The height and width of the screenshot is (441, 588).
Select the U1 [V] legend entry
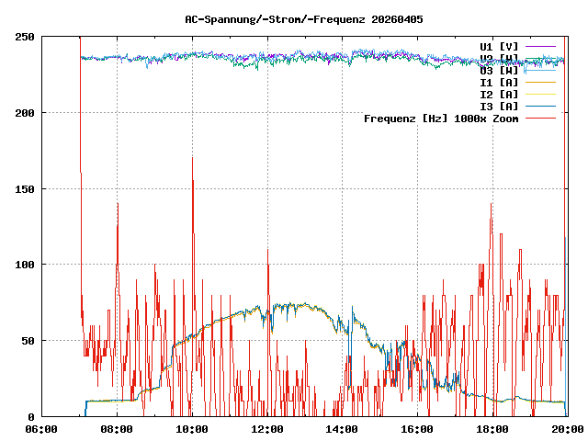point(499,46)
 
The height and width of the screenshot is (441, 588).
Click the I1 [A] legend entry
point(499,83)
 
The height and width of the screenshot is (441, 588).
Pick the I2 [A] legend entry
point(499,95)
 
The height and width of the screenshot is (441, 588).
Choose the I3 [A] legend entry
point(499,107)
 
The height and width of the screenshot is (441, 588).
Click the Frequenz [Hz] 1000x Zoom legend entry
point(441,119)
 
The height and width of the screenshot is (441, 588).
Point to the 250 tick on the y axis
point(25,37)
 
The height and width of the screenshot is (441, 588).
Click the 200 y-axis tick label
point(25,113)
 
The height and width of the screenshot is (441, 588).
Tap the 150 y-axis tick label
point(25,189)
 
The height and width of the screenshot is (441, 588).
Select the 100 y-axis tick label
point(25,265)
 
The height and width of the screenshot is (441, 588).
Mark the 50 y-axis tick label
point(28,341)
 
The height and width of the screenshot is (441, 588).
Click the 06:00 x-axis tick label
point(41,429)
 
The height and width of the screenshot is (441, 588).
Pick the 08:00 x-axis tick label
point(117,429)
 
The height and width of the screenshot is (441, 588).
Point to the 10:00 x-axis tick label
point(192,429)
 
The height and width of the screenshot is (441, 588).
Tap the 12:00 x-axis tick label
point(267,429)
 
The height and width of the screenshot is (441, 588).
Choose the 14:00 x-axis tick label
point(343,429)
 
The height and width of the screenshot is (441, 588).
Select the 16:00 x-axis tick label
point(418,429)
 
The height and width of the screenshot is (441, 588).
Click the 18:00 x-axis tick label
point(493,429)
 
